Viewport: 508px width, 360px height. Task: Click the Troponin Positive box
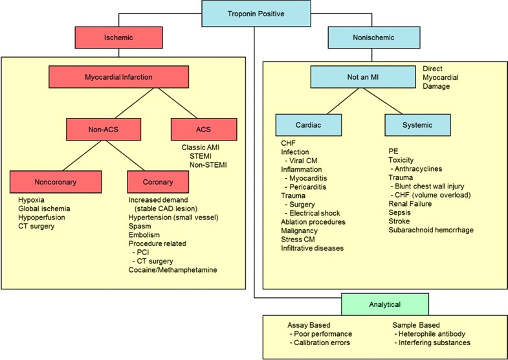coord(256,14)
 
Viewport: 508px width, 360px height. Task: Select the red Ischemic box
coord(118,38)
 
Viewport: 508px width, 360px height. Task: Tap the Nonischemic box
coord(374,38)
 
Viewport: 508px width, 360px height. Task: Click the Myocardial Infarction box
coord(118,77)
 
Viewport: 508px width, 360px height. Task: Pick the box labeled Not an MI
coord(363,77)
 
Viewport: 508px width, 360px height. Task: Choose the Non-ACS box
coord(104,129)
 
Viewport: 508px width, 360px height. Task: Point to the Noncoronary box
coord(56,182)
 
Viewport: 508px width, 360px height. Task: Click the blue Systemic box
coord(417,125)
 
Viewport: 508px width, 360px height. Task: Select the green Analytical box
coord(385,304)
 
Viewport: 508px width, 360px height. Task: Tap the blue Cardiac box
coord(309,125)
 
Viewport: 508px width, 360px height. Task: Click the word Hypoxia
coord(31,200)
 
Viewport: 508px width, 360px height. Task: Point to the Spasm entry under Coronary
coord(140,226)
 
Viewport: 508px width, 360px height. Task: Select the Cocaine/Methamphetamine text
coord(173,269)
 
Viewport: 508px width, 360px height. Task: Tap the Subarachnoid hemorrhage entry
coord(431,230)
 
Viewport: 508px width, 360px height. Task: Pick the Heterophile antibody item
coord(430,333)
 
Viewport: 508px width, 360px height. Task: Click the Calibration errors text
coord(320,343)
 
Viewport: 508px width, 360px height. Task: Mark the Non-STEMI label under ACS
coord(208,165)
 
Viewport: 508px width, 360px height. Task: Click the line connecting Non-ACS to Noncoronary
coord(84,155)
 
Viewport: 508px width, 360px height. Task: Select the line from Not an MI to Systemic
coord(382,101)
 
